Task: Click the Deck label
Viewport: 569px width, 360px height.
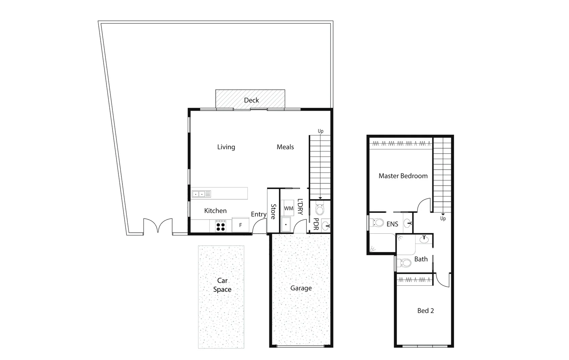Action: point(251,100)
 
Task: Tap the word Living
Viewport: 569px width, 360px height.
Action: point(226,147)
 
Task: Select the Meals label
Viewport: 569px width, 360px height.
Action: point(285,147)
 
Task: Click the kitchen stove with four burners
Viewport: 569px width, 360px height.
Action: point(220,226)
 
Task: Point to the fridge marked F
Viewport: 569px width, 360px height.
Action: point(240,225)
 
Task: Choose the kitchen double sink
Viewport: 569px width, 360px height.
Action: point(199,194)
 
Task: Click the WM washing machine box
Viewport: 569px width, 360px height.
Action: point(289,208)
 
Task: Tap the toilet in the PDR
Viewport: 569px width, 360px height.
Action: point(320,209)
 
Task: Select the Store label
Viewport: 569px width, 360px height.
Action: point(273,212)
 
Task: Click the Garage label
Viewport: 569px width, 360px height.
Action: point(301,288)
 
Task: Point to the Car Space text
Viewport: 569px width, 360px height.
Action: point(222,285)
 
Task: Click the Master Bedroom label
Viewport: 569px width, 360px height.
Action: point(403,176)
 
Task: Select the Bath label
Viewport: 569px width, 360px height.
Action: point(421,259)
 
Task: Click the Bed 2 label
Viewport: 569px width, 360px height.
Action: point(426,311)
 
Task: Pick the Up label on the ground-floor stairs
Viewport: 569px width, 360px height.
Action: point(321,131)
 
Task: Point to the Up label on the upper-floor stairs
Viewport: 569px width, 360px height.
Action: point(443,219)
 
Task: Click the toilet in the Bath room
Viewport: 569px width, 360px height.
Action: point(404,263)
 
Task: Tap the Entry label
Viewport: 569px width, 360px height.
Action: point(258,214)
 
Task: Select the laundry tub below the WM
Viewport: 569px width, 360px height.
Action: point(286,225)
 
